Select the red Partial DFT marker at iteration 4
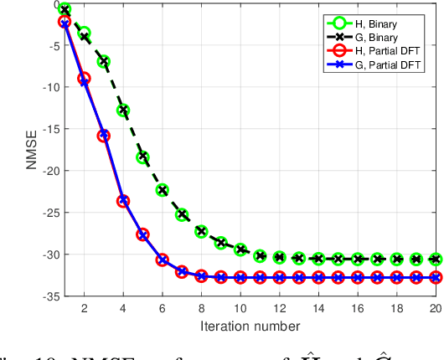point(123,201)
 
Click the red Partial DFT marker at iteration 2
point(84,79)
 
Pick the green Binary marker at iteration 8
point(201,231)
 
